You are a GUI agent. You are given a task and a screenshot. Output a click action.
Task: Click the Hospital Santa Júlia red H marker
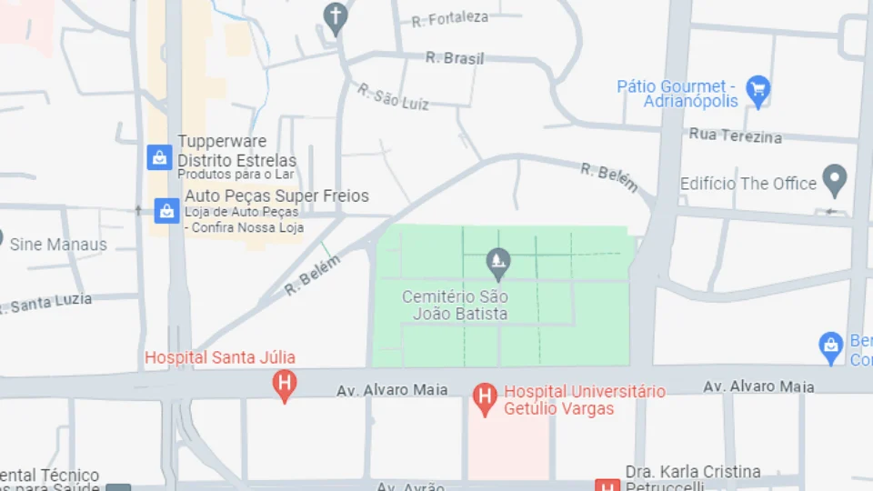285,384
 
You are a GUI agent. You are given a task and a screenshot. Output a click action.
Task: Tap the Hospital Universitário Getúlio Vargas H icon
485,396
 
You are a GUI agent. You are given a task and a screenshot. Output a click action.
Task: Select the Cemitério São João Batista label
455,306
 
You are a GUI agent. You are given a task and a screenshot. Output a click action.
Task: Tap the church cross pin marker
336,17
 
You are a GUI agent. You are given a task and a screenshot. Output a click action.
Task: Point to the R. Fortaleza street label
449,19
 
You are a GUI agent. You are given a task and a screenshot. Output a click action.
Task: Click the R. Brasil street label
455,58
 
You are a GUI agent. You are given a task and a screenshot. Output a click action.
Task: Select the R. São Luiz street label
392,98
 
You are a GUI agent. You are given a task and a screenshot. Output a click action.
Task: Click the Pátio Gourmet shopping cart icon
758,90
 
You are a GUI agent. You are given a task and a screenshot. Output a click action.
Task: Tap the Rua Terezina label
735,135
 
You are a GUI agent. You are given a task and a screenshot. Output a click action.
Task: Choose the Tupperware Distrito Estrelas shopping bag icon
160,157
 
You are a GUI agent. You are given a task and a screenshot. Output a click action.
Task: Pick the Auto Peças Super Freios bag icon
166,211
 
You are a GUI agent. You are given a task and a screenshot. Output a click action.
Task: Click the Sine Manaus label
58,245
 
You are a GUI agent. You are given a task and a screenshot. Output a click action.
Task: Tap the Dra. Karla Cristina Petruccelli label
693,479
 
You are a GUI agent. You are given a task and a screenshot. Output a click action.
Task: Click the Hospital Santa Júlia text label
220,358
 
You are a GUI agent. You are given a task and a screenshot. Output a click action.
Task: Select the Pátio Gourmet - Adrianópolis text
678,94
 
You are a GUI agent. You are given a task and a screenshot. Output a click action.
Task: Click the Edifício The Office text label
748,184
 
